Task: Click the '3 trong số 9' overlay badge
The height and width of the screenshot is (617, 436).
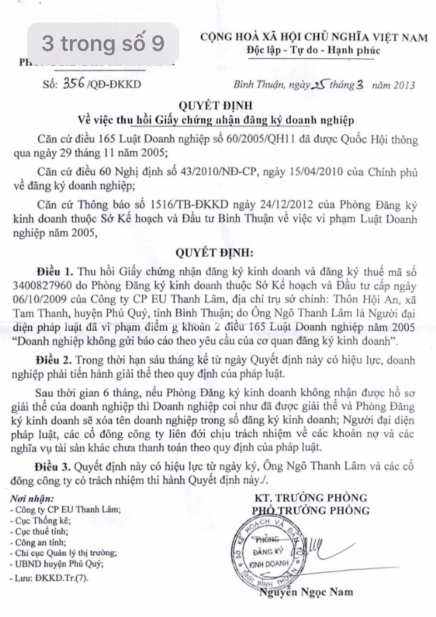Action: (x=103, y=44)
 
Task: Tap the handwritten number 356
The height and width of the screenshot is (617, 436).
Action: (x=73, y=83)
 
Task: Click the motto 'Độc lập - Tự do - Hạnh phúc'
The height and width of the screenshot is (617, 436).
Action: (x=313, y=50)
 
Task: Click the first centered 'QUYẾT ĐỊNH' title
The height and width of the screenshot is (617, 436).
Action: (x=215, y=106)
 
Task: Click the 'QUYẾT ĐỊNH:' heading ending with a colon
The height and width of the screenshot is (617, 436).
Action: (x=215, y=252)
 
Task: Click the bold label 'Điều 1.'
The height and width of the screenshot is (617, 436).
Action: (x=55, y=272)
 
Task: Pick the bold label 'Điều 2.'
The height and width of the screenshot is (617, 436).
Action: (x=54, y=361)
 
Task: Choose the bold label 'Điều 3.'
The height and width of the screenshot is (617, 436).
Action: (x=54, y=466)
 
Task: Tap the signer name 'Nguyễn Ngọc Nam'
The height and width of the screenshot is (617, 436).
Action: (x=306, y=592)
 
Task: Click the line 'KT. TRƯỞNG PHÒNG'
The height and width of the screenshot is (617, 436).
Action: (x=311, y=498)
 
